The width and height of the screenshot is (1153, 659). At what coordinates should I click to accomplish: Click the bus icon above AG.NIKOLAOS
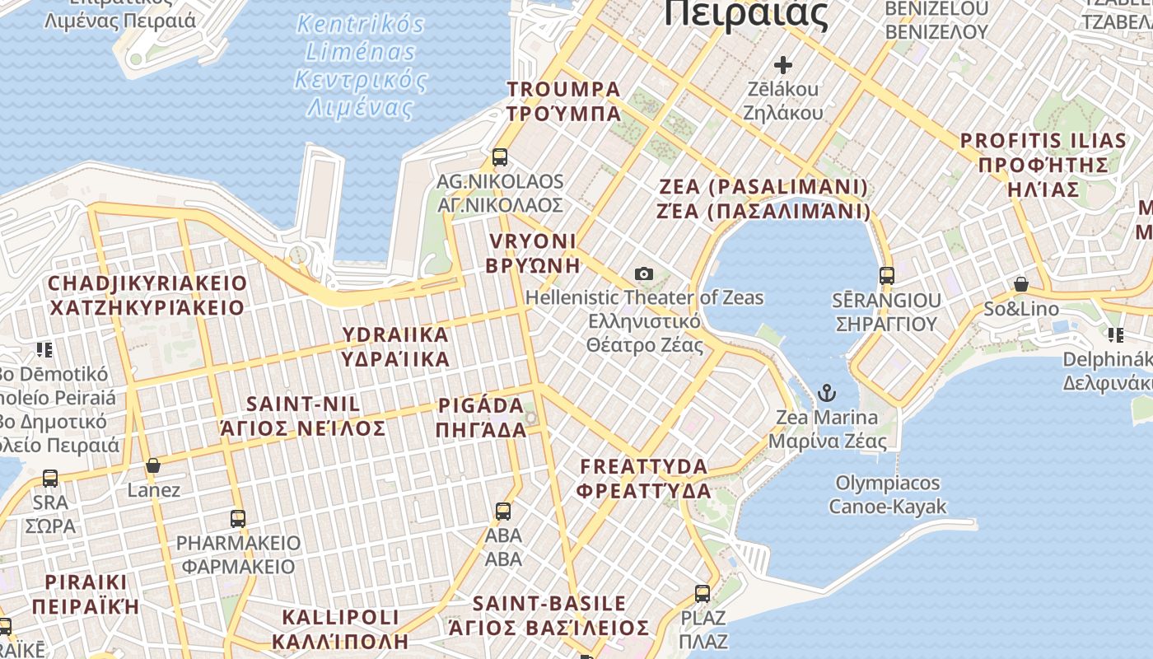[x=499, y=157]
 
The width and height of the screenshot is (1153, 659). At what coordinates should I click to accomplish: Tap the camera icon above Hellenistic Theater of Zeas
[x=644, y=273]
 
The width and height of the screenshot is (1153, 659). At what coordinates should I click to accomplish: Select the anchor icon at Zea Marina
[x=826, y=393]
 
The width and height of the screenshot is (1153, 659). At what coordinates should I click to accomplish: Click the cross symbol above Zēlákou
[x=782, y=64]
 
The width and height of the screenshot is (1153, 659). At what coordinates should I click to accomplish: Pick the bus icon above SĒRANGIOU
[x=886, y=275]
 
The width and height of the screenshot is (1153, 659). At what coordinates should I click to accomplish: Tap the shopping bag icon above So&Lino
[x=1021, y=285]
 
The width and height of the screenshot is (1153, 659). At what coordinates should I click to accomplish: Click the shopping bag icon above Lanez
[x=153, y=466]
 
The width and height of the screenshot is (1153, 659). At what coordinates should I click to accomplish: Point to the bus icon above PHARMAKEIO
[x=238, y=518]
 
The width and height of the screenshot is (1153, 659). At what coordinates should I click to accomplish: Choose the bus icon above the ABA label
[x=502, y=511]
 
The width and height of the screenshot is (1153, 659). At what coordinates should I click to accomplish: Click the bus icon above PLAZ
[x=703, y=593]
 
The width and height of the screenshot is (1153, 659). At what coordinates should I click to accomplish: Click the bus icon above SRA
[x=50, y=478]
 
